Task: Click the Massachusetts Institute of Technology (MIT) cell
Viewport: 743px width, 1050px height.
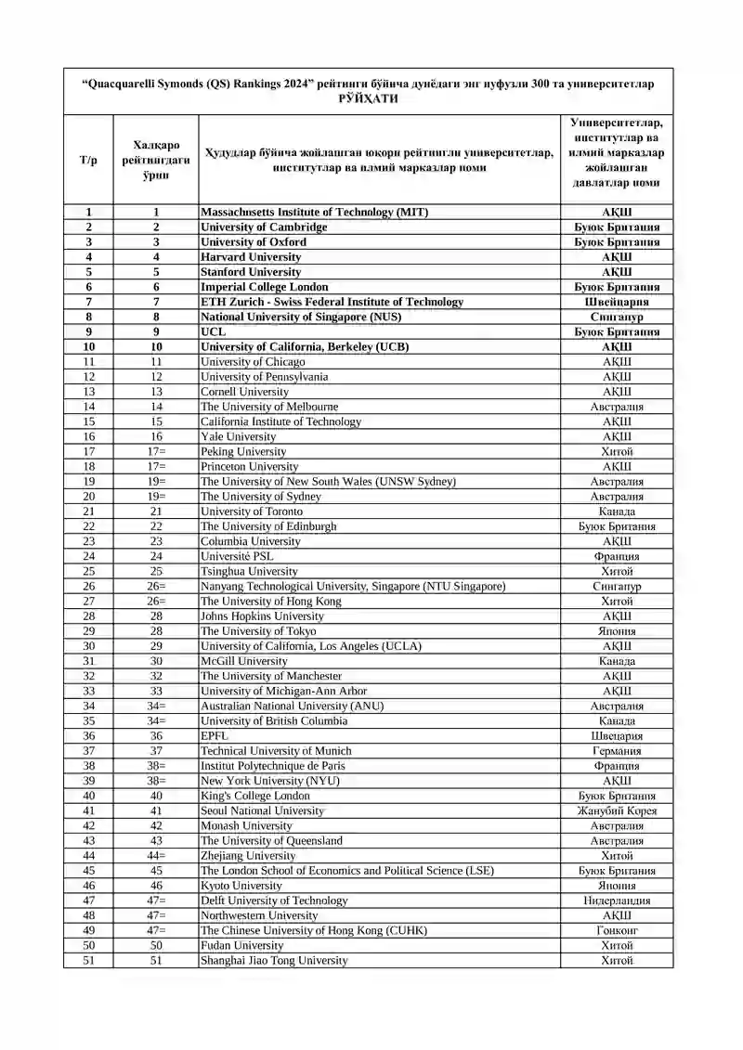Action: point(314,212)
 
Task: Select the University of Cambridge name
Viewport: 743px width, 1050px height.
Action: point(264,227)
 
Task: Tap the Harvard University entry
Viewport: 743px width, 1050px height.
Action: point(251,256)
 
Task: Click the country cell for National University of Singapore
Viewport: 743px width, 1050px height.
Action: point(617,317)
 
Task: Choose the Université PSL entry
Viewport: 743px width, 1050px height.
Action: point(237,556)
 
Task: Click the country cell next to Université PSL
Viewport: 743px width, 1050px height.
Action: point(617,556)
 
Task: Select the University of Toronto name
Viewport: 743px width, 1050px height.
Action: point(252,512)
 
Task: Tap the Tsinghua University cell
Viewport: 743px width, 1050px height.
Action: point(249,571)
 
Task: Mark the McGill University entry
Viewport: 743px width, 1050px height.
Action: point(244,661)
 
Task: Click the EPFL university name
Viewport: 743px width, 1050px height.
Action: point(215,735)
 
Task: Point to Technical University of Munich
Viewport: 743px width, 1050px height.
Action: point(276,750)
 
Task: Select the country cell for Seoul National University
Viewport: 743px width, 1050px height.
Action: point(617,810)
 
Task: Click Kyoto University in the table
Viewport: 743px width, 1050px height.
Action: point(241,886)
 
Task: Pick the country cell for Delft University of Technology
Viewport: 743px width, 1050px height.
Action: point(617,901)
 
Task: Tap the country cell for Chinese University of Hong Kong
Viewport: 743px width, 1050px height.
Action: point(617,930)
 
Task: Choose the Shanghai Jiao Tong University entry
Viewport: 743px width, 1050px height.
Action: point(274,960)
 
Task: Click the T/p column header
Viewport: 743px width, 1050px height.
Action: point(88,160)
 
